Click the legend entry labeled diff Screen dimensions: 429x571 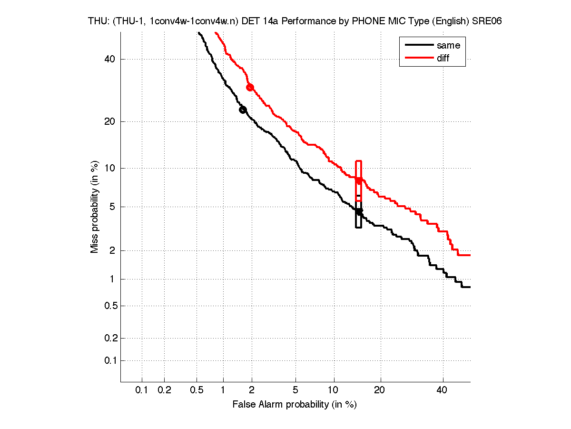click(x=443, y=58)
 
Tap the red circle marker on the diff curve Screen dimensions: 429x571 click(x=250, y=87)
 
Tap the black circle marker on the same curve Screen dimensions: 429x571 click(x=243, y=110)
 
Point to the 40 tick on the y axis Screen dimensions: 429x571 click(x=110, y=60)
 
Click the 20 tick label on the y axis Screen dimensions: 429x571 click(x=110, y=121)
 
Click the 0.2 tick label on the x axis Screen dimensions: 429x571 click(x=164, y=390)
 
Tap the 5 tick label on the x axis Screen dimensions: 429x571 click(x=295, y=390)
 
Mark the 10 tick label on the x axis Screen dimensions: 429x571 click(x=334, y=390)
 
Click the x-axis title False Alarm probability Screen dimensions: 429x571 click(x=295, y=405)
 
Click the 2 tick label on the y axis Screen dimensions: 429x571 click(x=112, y=250)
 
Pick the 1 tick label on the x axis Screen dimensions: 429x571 click(x=223, y=390)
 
